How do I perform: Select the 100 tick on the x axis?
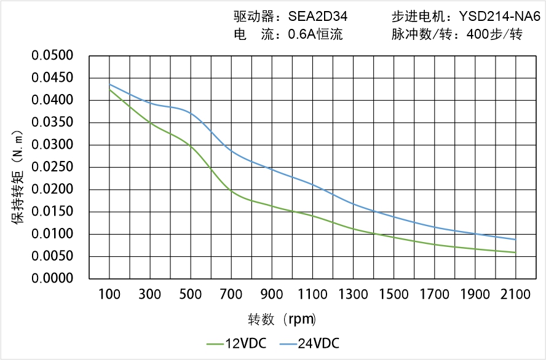coord(109,295)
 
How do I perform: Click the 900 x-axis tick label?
coord(272,295)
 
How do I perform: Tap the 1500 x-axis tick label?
coord(394,295)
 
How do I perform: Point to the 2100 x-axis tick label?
coord(515,295)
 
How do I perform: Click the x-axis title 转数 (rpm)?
coord(282,319)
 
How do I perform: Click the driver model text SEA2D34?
coord(322,17)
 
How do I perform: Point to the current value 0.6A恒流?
coord(315,34)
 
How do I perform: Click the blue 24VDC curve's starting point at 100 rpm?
coord(109,85)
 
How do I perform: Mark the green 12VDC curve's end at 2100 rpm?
coord(515,252)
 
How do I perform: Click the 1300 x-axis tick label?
coord(353,295)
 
